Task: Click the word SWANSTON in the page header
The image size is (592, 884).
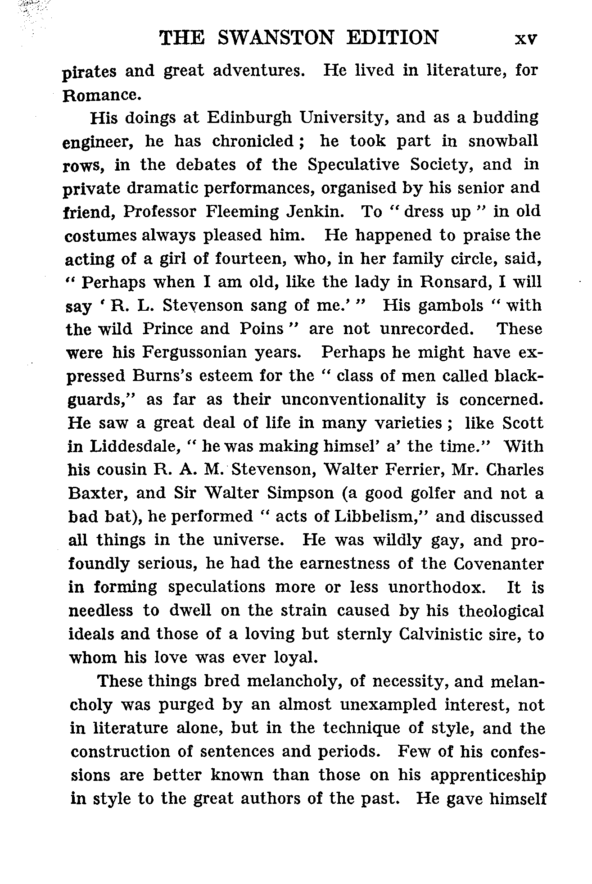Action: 276,38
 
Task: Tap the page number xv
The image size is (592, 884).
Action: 526,39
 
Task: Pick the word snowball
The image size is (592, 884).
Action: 503,141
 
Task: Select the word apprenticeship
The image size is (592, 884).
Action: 488,775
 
